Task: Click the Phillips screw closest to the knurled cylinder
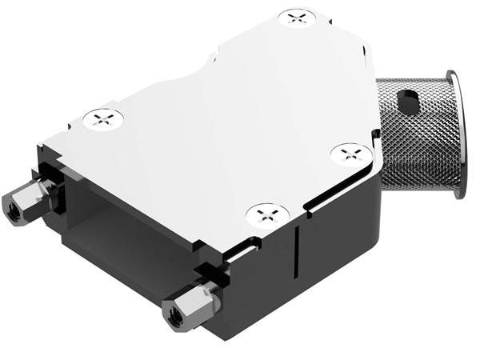tap(349, 152)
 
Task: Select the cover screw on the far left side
tap(103, 120)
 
